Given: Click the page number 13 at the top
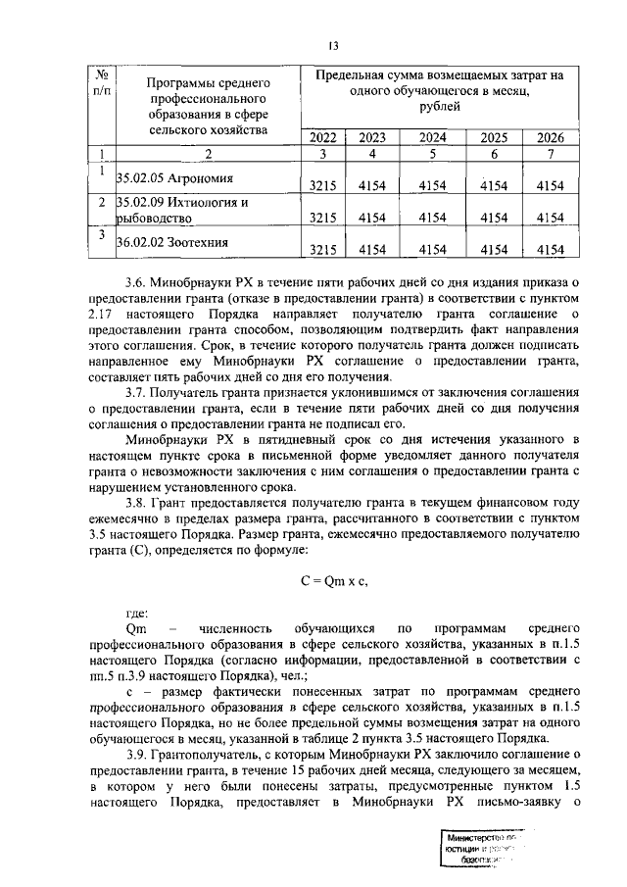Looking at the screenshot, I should [x=332, y=46].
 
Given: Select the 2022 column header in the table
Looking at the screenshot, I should [x=321, y=137].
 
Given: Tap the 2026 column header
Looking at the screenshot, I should [x=551, y=137].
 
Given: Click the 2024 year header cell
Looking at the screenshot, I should [x=432, y=137].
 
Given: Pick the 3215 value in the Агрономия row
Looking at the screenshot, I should [x=321, y=185].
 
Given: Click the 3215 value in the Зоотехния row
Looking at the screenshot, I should [x=321, y=250].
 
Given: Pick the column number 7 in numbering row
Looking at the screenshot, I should [x=551, y=153].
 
